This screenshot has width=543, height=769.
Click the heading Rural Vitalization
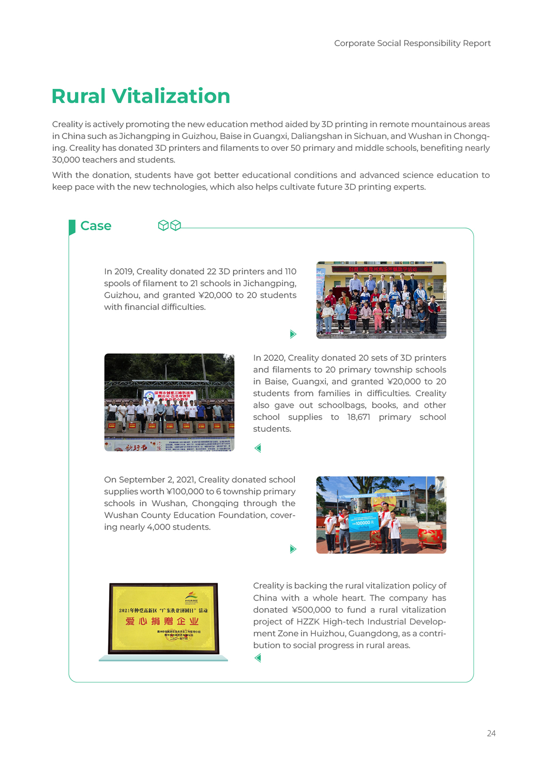click(x=141, y=96)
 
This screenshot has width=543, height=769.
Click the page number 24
click(x=491, y=733)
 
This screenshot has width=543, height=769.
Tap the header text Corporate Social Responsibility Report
click(x=412, y=43)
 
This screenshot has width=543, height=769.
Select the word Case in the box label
click(x=96, y=226)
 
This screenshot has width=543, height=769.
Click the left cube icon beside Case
click(x=163, y=225)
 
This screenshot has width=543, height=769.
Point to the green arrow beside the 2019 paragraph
click(x=293, y=334)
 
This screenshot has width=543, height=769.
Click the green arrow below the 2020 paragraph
click(x=258, y=448)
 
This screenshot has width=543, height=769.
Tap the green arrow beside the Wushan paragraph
click(x=293, y=549)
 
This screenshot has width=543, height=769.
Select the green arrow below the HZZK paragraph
click(x=258, y=658)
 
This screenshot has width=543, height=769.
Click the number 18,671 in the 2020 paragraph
click(x=359, y=417)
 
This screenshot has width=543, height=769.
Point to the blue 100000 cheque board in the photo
click(x=363, y=522)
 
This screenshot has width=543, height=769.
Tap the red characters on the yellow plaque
click(x=162, y=621)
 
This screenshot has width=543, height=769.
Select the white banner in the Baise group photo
click(x=170, y=395)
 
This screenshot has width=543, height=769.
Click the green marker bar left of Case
click(x=72, y=227)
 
